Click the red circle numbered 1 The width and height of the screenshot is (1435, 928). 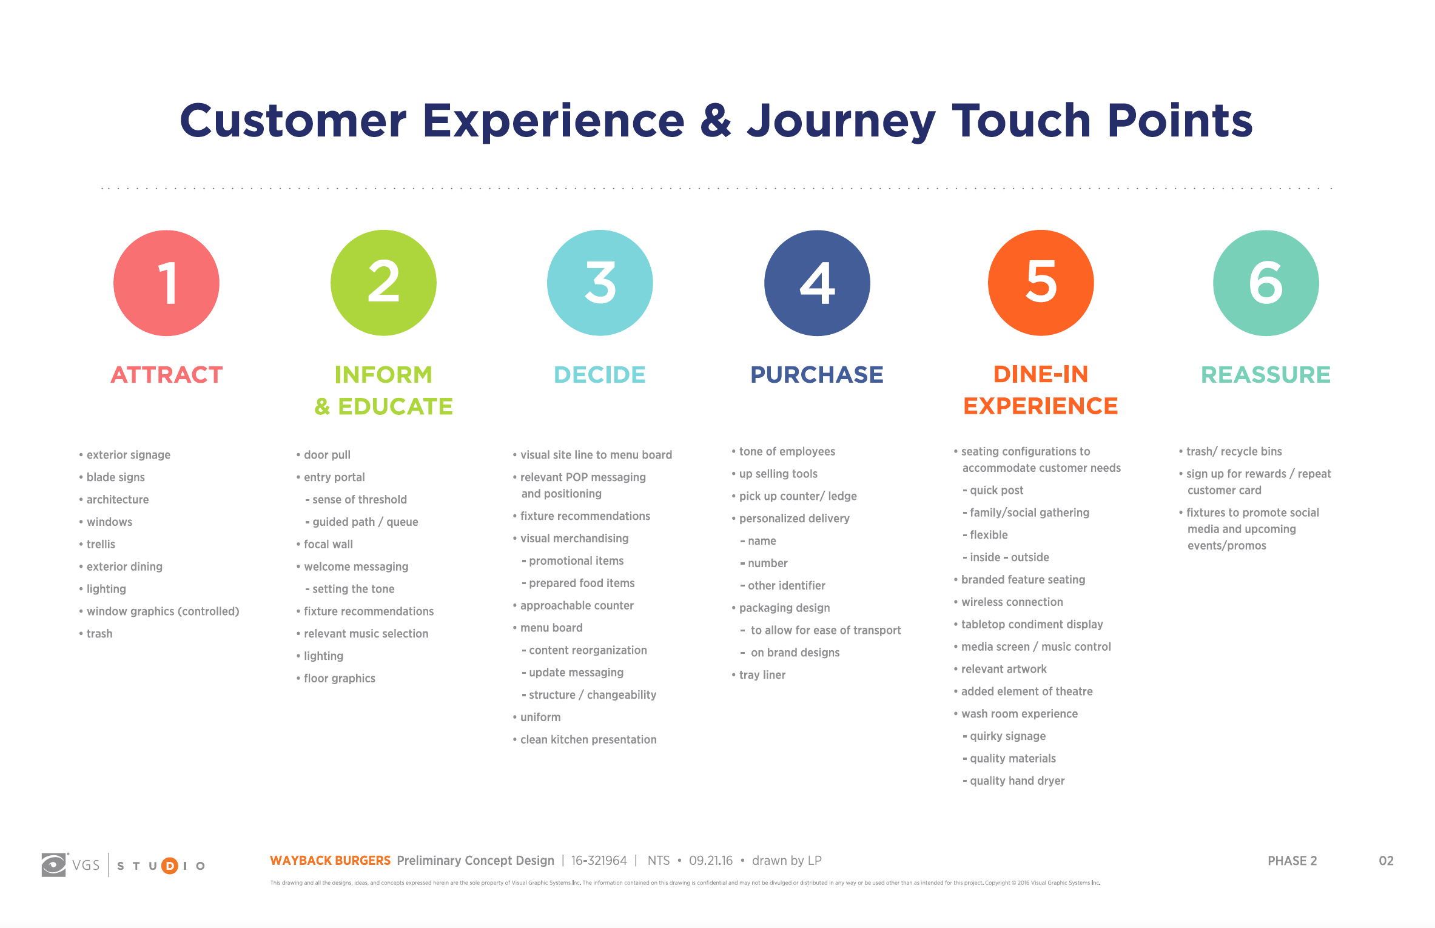[166, 283]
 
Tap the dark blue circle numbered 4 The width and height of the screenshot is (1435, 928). [817, 283]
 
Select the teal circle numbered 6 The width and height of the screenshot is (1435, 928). [1266, 283]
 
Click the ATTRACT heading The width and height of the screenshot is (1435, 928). [167, 375]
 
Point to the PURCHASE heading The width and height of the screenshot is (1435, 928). [817, 375]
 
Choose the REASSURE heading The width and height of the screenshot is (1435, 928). [1266, 375]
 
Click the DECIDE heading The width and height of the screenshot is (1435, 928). [600, 375]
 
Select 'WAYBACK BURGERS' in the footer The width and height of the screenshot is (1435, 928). [331, 861]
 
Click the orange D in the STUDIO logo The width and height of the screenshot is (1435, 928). [170, 866]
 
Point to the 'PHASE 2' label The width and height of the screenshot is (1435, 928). [1292, 861]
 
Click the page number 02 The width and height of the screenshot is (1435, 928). [1386, 861]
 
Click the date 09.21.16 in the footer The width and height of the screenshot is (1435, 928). [711, 861]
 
